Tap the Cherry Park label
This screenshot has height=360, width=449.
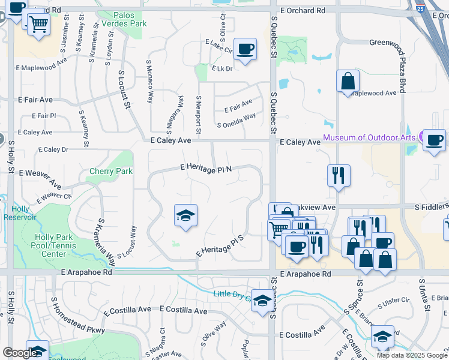coord(106,171)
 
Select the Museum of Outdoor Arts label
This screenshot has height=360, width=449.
coord(370,137)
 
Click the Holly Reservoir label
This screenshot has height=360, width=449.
coord(24,213)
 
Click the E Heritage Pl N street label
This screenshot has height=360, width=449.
coord(206,170)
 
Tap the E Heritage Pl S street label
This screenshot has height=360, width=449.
coord(220,246)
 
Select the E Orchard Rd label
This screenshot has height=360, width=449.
coord(303,11)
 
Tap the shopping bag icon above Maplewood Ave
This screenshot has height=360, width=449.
coord(348,81)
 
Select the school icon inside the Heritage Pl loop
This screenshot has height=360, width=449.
coord(186,215)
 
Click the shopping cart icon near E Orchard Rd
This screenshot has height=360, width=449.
coord(39,25)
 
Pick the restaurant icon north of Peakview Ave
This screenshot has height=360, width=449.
coord(339,175)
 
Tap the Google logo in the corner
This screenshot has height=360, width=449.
coord(20,353)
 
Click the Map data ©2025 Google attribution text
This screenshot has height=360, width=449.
coord(411,355)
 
